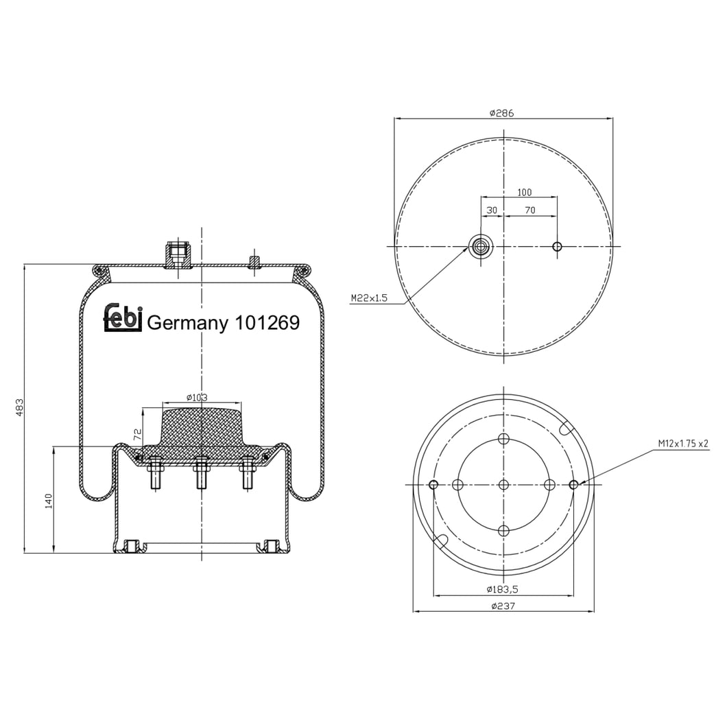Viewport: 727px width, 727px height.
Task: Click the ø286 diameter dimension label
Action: (502, 113)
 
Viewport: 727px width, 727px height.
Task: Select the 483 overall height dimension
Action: (20, 407)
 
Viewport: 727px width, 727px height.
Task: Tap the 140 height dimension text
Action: (49, 501)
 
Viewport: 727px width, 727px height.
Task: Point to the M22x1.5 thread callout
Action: (369, 298)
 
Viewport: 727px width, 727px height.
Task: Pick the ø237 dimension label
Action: (503, 606)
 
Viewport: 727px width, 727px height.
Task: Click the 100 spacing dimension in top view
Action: (524, 193)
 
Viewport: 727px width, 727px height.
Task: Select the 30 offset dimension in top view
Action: (491, 211)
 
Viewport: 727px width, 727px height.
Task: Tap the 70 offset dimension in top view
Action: (529, 211)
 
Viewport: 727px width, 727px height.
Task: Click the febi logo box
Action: (123, 318)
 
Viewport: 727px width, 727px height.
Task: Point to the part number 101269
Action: (267, 322)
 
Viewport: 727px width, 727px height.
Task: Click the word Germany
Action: (187, 322)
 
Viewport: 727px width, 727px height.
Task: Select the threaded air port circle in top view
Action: (479, 246)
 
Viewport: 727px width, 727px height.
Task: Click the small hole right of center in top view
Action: (557, 246)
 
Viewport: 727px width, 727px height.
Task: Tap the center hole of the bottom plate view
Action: (503, 485)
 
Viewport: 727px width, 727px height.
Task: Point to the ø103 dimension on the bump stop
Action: (197, 397)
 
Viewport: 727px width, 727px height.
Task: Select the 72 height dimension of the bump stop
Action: (137, 433)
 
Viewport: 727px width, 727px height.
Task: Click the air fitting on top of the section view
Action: (178, 255)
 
